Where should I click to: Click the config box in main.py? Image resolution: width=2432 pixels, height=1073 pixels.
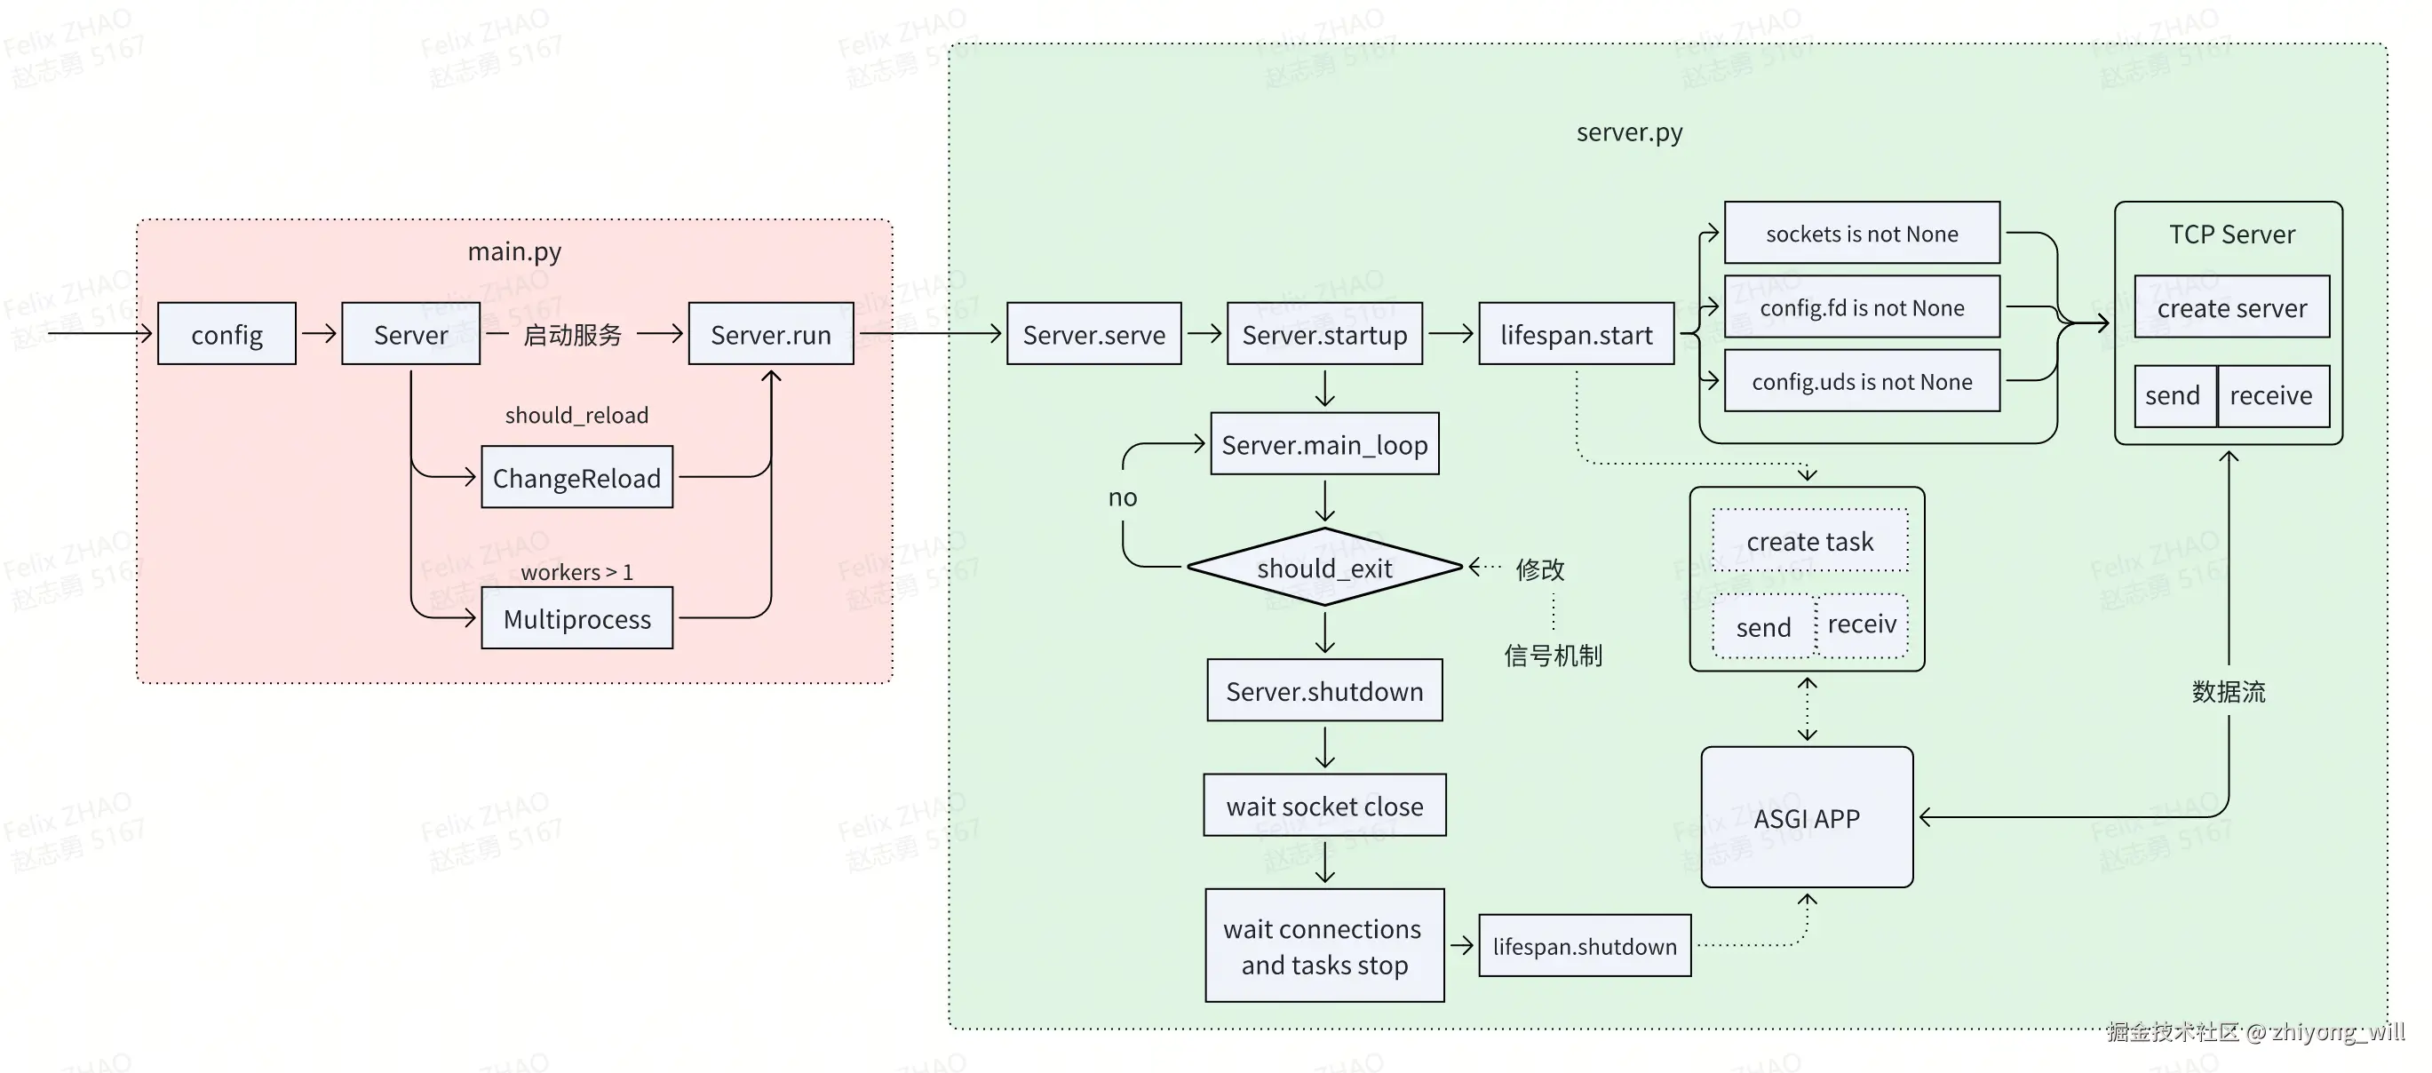[227, 333]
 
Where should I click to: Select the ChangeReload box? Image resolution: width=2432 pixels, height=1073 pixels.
[576, 477]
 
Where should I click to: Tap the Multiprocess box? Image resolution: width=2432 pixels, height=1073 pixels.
[576, 618]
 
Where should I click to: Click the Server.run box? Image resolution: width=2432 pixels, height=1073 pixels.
[771, 333]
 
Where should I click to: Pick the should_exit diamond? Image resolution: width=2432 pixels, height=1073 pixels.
[1324, 568]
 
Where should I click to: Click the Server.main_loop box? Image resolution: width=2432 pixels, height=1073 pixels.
[1324, 443]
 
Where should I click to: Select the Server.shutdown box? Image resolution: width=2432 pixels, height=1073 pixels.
[1324, 690]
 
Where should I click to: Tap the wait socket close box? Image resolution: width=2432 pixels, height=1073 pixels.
[1324, 805]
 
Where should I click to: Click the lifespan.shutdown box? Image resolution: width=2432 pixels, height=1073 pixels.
[1585, 946]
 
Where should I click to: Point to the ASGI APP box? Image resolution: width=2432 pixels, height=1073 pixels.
[1807, 817]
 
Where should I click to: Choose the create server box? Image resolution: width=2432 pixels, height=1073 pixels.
[2232, 306]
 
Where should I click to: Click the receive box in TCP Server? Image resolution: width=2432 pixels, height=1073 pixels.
[2272, 395]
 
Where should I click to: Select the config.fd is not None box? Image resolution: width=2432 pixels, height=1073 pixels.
[1862, 306]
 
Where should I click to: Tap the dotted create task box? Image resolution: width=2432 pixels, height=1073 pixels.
[1810, 541]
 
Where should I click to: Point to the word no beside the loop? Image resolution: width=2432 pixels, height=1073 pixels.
[1123, 497]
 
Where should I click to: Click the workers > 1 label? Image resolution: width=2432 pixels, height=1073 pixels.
[576, 572]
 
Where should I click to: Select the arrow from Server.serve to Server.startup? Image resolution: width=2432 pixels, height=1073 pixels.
[1204, 333]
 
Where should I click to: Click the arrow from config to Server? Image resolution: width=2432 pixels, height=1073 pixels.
[319, 333]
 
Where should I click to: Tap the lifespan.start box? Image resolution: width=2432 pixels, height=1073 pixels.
[1577, 333]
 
